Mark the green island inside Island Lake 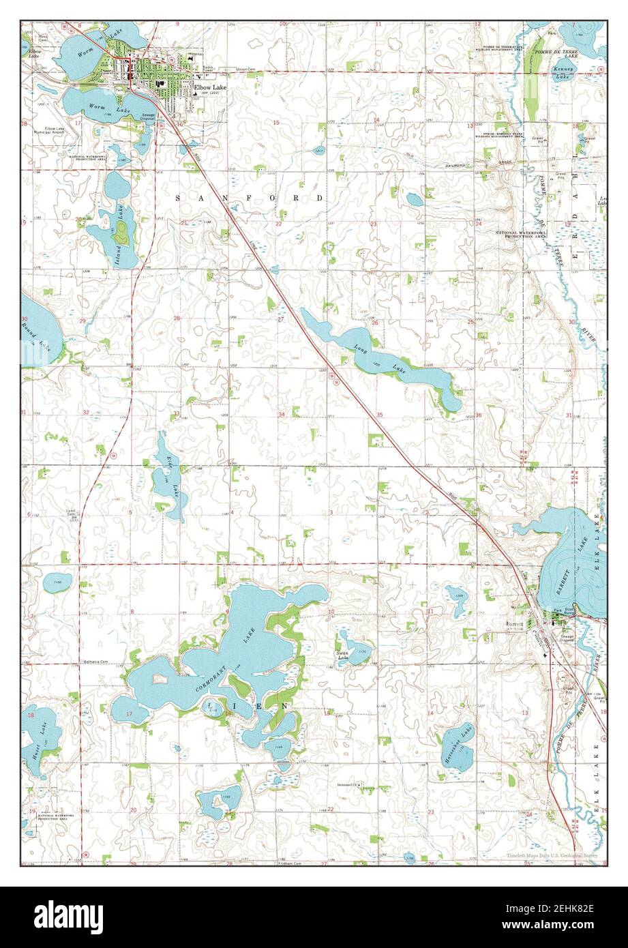tap(121, 234)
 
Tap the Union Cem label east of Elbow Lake tap(245, 69)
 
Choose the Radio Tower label tap(208, 67)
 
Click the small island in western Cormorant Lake tap(160, 679)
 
